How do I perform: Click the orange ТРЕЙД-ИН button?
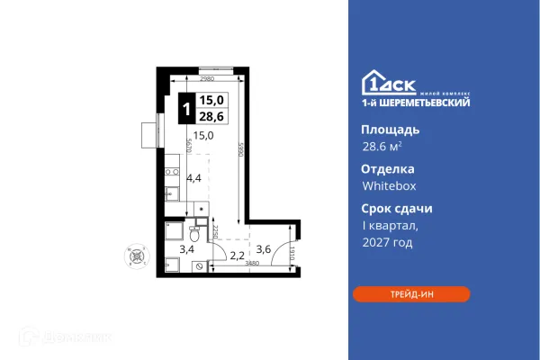[x=410, y=293]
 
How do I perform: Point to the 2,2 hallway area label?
[x=237, y=256]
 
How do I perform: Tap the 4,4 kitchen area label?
[x=193, y=178]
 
